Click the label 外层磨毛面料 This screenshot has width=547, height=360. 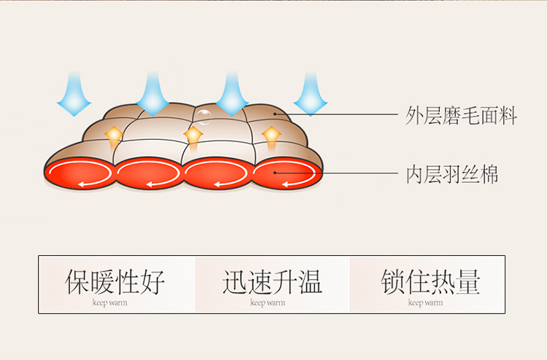pos(461,116)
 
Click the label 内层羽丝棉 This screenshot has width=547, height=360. pos(452,174)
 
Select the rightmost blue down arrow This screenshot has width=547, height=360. pos(311,95)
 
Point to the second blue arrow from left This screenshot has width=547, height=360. pos(153,95)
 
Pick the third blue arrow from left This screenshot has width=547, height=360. pos(232,95)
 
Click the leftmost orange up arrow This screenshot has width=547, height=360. pos(113,136)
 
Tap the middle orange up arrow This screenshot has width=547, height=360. pos(193,136)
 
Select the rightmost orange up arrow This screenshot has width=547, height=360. pos(271,136)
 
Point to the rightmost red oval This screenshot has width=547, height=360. pos(285,173)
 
